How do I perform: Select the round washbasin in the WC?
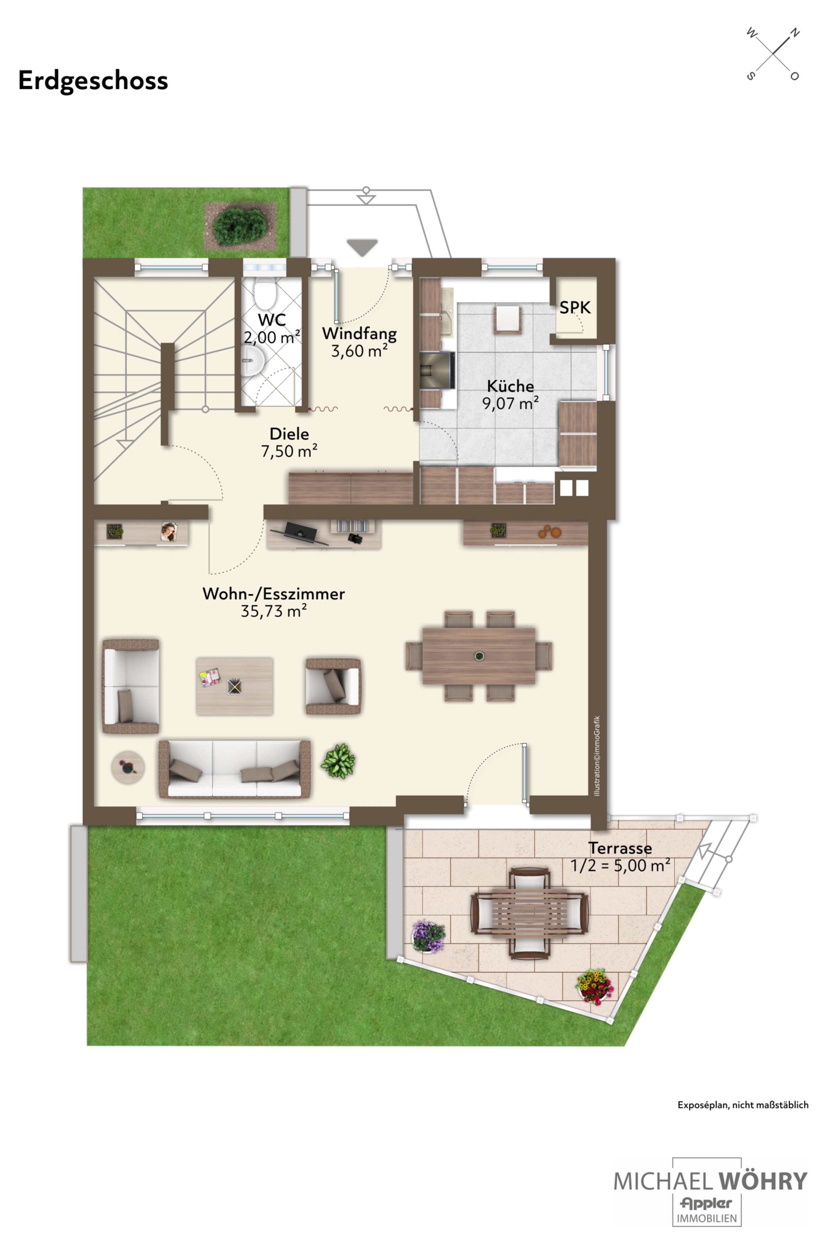coord(253,361)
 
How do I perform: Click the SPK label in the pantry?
coord(575,307)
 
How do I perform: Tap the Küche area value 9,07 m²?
coord(510,403)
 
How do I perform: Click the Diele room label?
coord(289,434)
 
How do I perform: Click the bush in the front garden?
coord(240,226)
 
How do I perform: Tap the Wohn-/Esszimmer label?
coord(274,594)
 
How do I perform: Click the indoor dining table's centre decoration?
coord(479,656)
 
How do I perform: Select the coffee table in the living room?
coord(235,686)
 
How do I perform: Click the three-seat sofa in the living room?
coord(235,769)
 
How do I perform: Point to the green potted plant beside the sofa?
coord(338,761)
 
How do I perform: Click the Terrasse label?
coord(620,848)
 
